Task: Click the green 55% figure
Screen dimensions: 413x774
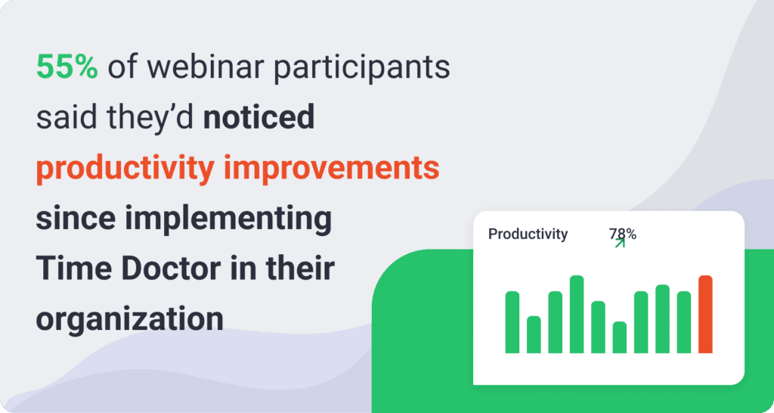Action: click(x=67, y=69)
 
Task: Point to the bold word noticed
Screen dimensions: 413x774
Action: click(x=259, y=119)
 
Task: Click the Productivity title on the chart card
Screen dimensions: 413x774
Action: click(x=528, y=234)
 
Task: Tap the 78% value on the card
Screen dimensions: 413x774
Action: click(x=624, y=234)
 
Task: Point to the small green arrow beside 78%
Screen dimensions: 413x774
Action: click(x=620, y=243)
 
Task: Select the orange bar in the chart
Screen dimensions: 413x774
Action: click(x=705, y=314)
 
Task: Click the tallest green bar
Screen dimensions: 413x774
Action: click(x=577, y=314)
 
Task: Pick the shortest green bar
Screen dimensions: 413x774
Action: click(x=620, y=337)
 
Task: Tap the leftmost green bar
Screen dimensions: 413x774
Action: click(x=512, y=321)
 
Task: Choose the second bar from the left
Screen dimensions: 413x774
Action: click(x=534, y=334)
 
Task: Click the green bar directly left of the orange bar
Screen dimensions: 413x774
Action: click(x=684, y=321)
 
